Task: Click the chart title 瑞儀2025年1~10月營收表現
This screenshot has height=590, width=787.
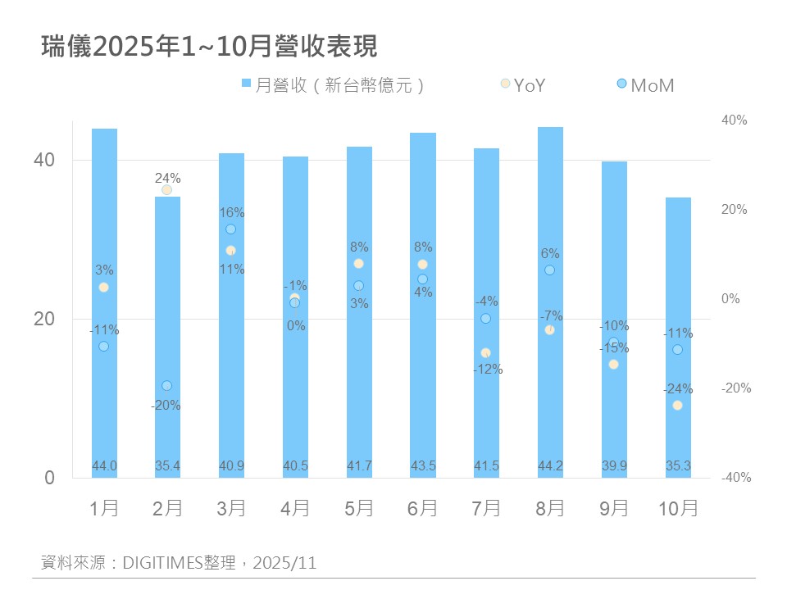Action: pyautogui.click(x=209, y=47)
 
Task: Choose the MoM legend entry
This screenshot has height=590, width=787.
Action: pyautogui.click(x=644, y=84)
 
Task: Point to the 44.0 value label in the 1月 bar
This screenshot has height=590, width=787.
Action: pyautogui.click(x=104, y=466)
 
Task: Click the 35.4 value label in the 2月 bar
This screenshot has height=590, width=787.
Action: pyautogui.click(x=167, y=466)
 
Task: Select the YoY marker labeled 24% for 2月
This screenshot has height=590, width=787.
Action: pyautogui.click(x=167, y=190)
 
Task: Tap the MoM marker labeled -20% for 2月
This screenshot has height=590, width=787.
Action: pyautogui.click(x=167, y=386)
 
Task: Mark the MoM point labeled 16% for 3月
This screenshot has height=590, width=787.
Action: pyautogui.click(x=231, y=229)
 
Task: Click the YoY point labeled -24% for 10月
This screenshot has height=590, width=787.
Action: pyautogui.click(x=677, y=406)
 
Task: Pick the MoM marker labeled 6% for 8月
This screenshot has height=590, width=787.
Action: pyautogui.click(x=550, y=270)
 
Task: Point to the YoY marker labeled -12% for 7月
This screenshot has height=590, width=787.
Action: pyautogui.click(x=486, y=353)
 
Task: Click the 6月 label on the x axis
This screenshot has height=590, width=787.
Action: pyautogui.click(x=422, y=508)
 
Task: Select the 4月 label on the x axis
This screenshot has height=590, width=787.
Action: pyautogui.click(x=295, y=508)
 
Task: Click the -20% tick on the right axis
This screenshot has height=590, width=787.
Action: pyautogui.click(x=736, y=388)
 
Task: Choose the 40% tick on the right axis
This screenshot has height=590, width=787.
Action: pyautogui.click(x=734, y=120)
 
